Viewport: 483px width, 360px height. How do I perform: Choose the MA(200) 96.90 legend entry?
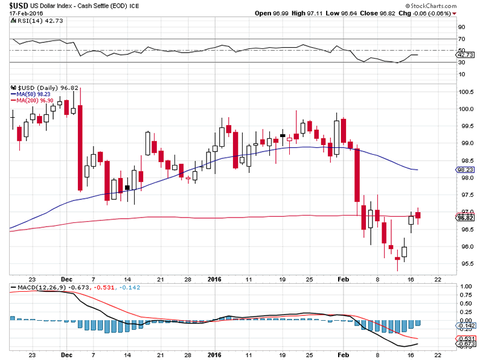[31, 100]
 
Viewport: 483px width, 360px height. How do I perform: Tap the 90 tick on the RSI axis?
[461, 27]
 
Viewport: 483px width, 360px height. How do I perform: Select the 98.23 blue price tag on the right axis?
[466, 170]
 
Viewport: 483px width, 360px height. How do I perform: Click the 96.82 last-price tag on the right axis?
[466, 218]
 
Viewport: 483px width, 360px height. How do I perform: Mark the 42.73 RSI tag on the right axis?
[466, 55]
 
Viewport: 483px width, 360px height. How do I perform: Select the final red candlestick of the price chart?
[418, 215]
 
